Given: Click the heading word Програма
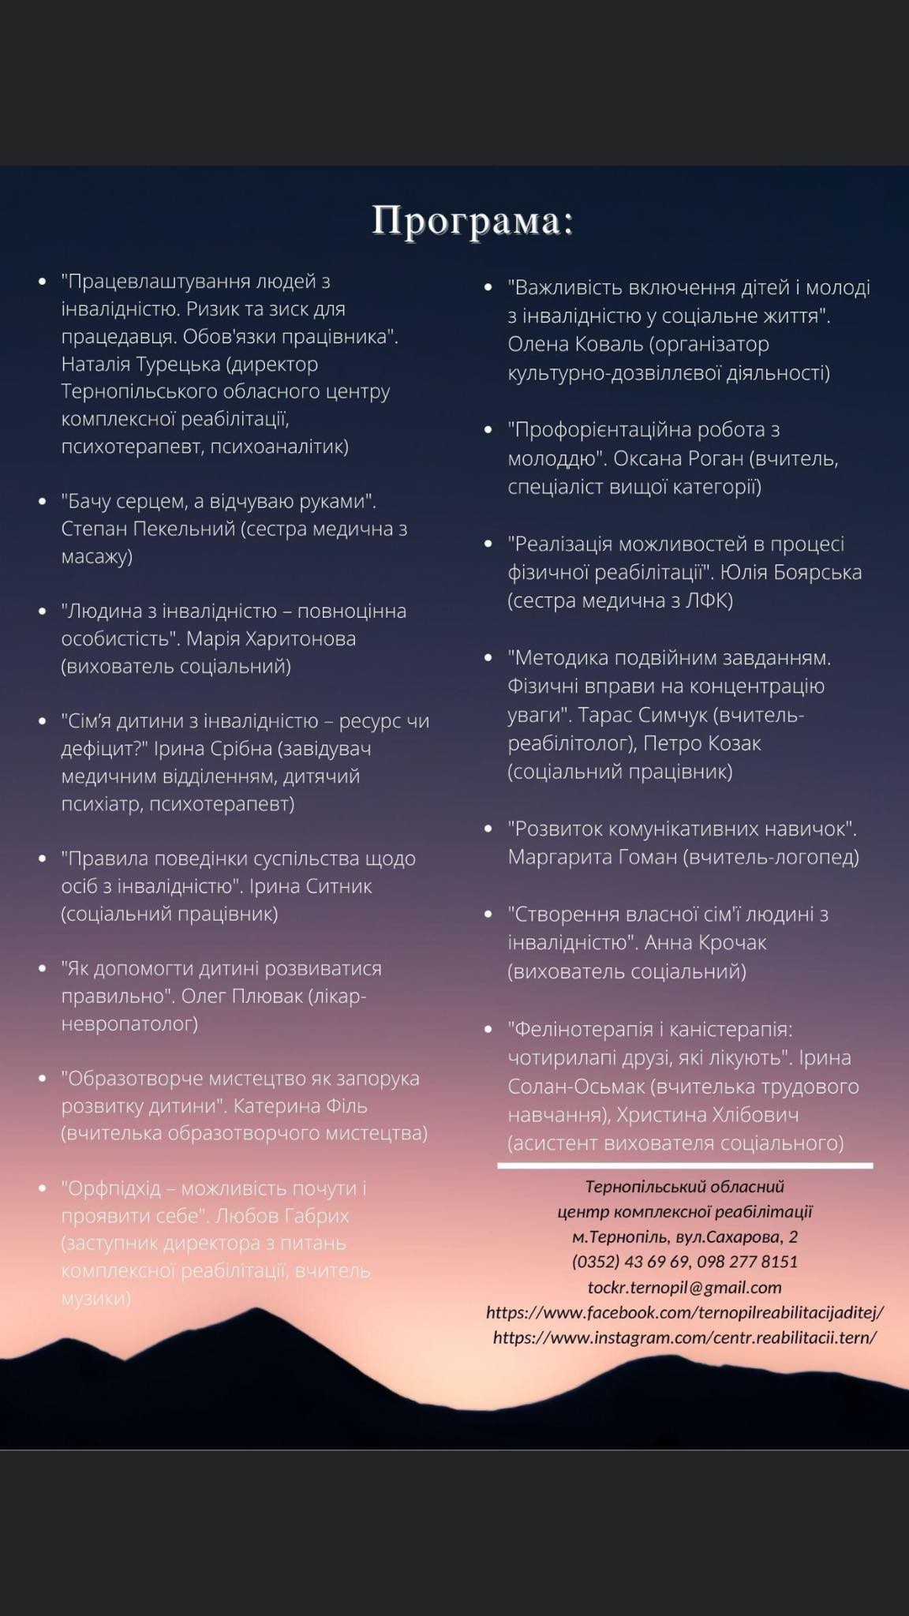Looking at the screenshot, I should pyautogui.click(x=472, y=221).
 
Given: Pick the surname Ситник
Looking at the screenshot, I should pyautogui.click(x=332, y=886).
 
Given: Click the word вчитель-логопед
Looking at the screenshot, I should pyautogui.click(x=772, y=857).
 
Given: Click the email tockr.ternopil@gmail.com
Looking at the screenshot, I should pyautogui.click(x=685, y=1287).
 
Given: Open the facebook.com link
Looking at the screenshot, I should pyautogui.click(x=685, y=1312).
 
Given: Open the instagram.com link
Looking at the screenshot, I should pyautogui.click(x=685, y=1337).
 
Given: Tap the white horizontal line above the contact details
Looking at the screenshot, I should pyautogui.click(x=685, y=1165).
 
